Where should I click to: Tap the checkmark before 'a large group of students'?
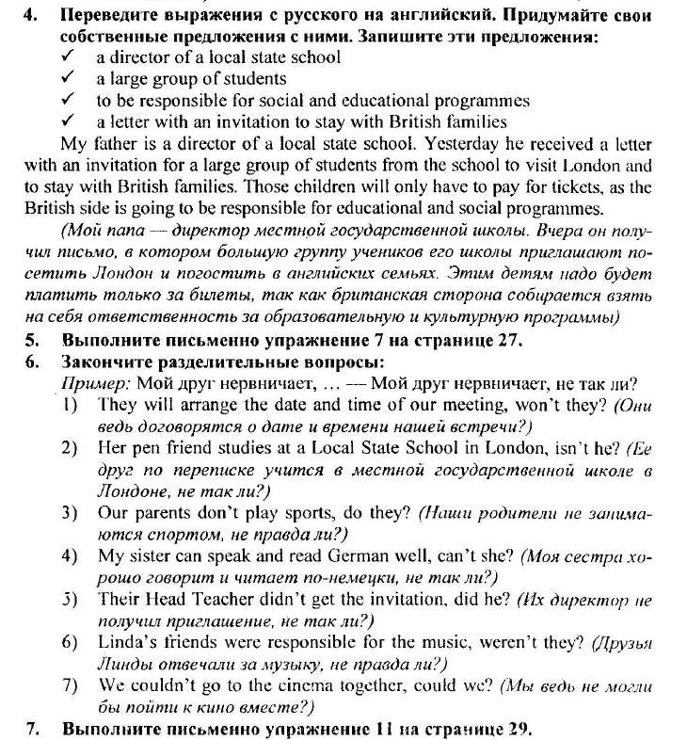point(69,78)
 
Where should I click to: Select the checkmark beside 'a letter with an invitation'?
point(69,121)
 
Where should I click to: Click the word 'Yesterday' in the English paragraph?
point(461,145)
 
